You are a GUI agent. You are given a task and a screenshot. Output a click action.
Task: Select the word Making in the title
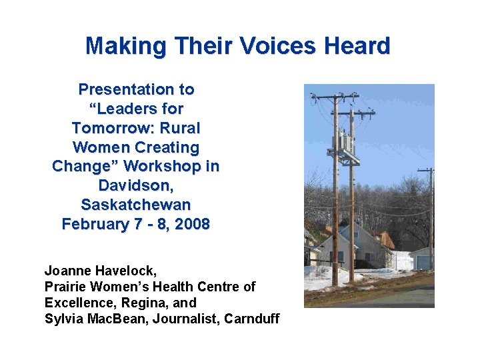[x=126, y=46]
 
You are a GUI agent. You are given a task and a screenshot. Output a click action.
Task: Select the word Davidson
[x=136, y=185]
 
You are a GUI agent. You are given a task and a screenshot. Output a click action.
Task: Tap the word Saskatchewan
[x=136, y=204]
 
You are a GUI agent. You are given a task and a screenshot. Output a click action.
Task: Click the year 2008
[x=191, y=224]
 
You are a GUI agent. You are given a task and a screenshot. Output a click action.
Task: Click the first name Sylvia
[x=61, y=319]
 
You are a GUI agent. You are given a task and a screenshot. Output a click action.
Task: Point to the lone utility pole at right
[x=430, y=220]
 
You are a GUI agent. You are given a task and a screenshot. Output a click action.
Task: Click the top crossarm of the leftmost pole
[x=335, y=97]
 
